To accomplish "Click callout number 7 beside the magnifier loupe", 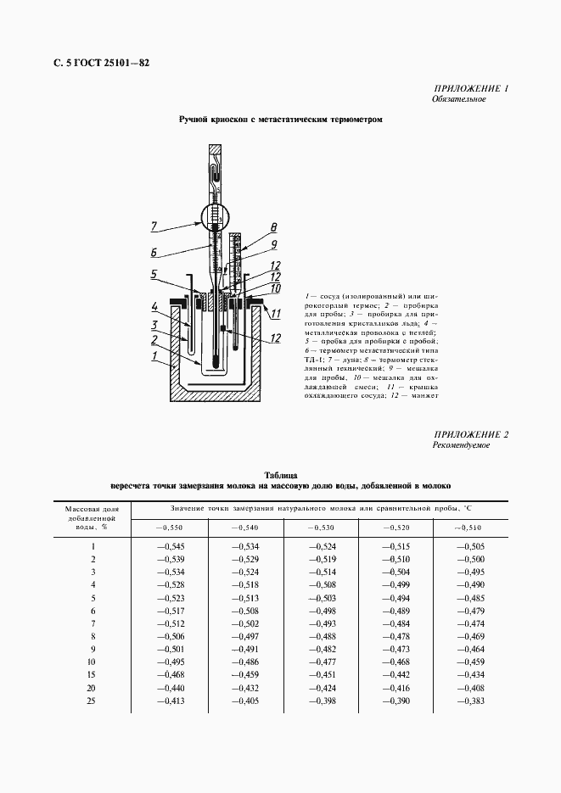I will click(x=154, y=226).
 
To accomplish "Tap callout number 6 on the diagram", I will click(x=154, y=251).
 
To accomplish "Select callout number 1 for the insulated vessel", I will click(x=154, y=356).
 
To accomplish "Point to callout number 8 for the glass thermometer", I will click(x=273, y=226).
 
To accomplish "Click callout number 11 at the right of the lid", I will click(x=275, y=314).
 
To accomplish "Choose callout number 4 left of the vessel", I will click(x=154, y=306).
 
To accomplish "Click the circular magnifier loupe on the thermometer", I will click(x=215, y=219).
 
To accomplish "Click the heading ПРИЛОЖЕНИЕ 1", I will click(x=471, y=88).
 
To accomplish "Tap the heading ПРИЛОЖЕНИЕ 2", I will click(x=471, y=434).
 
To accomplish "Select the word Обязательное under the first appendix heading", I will click(x=458, y=99).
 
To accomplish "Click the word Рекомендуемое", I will click(x=461, y=445).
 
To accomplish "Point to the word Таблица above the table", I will click(x=280, y=475).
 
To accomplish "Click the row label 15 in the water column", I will click(x=92, y=675).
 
